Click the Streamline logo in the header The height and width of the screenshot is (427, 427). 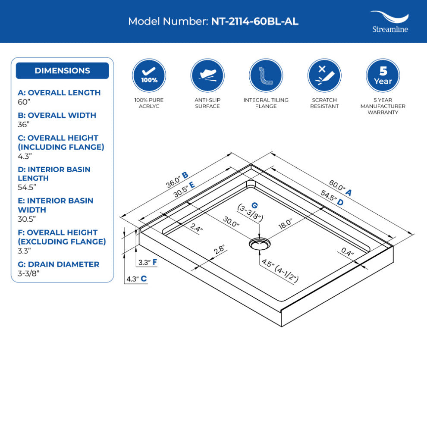pyautogui.click(x=389, y=22)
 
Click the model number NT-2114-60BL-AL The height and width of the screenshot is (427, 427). pyautogui.click(x=254, y=22)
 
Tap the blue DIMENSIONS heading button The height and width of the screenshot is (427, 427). pyautogui.click(x=62, y=71)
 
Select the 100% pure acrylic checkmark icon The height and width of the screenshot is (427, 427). pyautogui.click(x=149, y=75)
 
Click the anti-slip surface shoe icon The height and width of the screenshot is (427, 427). pyautogui.click(x=207, y=75)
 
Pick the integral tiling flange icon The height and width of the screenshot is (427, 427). pyautogui.click(x=266, y=75)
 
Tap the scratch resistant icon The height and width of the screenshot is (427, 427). pyautogui.click(x=324, y=75)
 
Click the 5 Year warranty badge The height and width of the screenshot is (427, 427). pyautogui.click(x=383, y=75)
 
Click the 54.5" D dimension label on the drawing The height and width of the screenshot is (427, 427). pyautogui.click(x=332, y=198)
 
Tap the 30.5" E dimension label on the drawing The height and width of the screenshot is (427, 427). pyautogui.click(x=184, y=188)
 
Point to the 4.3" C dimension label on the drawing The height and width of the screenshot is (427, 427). pyautogui.click(x=136, y=279)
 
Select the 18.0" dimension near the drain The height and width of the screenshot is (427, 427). pyautogui.click(x=285, y=223)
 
